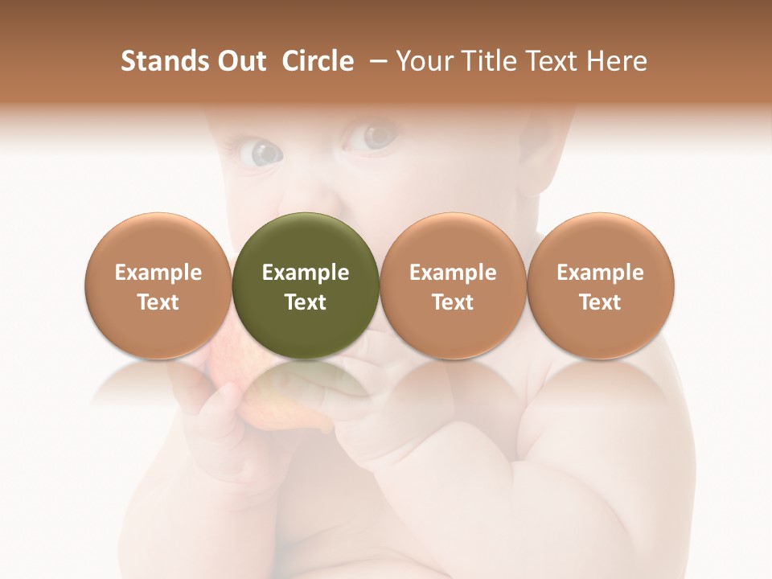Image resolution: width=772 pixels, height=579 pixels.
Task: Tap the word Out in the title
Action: (x=239, y=61)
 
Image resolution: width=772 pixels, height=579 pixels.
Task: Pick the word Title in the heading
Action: (x=491, y=61)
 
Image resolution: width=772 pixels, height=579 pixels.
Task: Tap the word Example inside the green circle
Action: (x=306, y=273)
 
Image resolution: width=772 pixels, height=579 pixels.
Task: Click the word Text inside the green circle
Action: (x=306, y=302)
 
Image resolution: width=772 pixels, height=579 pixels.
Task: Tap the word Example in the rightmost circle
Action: (x=600, y=273)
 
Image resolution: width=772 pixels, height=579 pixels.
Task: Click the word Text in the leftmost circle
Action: (x=158, y=302)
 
